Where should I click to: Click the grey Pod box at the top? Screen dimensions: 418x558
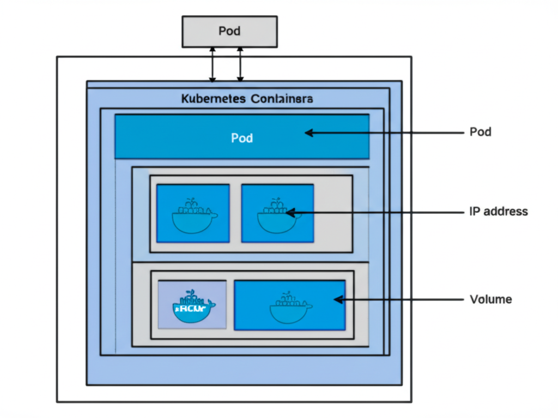pos(229,31)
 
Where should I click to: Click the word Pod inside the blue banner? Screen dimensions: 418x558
pos(242,138)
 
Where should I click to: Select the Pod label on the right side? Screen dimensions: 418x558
pos(480,132)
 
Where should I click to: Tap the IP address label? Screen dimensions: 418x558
pos(498,211)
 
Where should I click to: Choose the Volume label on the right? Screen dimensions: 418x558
pos(490,299)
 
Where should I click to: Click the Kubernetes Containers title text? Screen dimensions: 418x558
pos(246,99)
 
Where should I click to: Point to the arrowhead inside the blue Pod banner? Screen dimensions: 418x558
pos(308,133)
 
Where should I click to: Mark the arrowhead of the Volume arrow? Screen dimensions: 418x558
pos(338,299)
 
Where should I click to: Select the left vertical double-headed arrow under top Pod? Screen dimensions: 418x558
pos(213,64)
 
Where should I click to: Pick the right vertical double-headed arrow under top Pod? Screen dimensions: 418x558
pos(240,64)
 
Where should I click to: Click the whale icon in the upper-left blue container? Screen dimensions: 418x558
pos(193,216)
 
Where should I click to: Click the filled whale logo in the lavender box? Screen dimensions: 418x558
pos(192,307)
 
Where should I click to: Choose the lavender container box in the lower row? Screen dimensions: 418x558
pos(192,304)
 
